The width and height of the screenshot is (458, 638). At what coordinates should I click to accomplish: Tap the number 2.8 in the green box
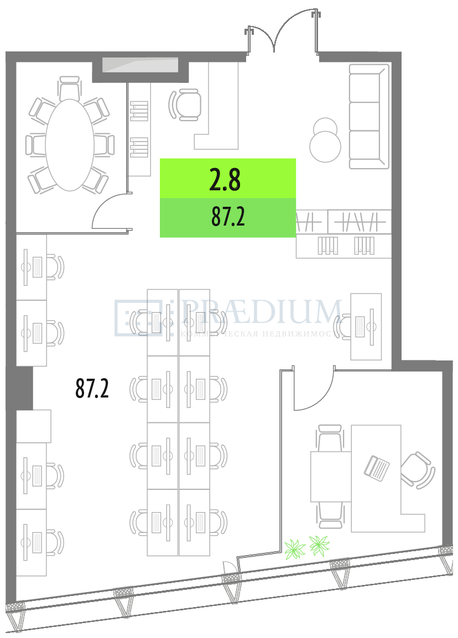click(x=225, y=180)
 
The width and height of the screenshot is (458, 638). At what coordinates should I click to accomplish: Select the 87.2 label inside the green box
click(x=228, y=217)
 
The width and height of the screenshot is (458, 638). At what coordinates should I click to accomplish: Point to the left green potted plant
click(x=294, y=550)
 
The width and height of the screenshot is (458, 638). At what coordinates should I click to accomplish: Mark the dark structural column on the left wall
click(x=24, y=388)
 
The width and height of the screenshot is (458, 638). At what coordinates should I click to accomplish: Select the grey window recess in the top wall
click(x=140, y=65)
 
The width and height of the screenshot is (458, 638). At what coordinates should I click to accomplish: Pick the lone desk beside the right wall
click(x=366, y=327)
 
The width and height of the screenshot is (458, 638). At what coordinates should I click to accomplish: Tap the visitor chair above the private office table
click(x=330, y=437)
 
